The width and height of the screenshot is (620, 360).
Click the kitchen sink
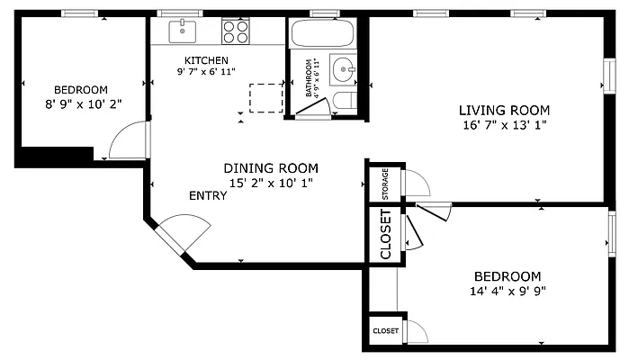point(183,31)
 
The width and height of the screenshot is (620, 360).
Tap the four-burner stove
point(236,31)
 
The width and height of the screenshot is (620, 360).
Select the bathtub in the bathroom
point(322,33)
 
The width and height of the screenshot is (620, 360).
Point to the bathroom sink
point(343,69)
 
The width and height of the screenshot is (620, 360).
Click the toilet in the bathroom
point(345,101)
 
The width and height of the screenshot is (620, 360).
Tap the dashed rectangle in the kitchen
point(266,98)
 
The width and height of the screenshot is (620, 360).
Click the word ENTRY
point(208,196)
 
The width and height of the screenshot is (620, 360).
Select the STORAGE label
point(385,184)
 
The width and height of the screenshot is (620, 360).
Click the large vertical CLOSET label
point(385,234)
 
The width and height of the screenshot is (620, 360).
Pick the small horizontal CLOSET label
point(385,330)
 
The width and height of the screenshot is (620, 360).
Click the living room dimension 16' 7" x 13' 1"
point(505,125)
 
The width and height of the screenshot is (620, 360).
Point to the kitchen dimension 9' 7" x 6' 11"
point(206,72)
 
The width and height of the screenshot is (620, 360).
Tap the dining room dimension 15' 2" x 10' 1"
point(271,184)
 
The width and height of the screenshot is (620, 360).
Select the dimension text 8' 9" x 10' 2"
point(84,104)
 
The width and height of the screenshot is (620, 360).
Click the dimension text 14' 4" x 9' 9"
point(508,292)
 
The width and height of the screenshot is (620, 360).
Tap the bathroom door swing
point(312,107)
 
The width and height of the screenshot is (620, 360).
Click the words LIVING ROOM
point(504,110)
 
